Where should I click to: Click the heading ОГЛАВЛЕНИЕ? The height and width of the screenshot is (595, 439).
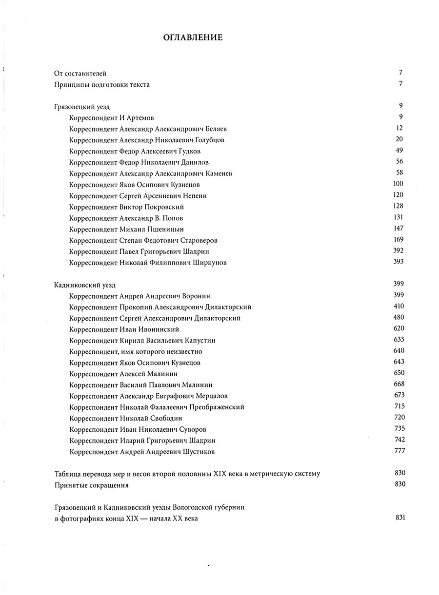tap(192, 37)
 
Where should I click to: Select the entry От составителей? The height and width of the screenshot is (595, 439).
tap(80, 74)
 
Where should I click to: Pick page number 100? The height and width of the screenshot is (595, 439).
tap(398, 184)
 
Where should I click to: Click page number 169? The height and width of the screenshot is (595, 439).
tap(398, 240)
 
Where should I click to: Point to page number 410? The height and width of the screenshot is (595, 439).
tap(399, 307)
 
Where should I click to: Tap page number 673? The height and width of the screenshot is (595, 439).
tap(399, 395)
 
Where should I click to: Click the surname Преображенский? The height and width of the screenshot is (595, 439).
tap(214, 407)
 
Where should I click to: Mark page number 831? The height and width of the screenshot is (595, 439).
tap(399, 518)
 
